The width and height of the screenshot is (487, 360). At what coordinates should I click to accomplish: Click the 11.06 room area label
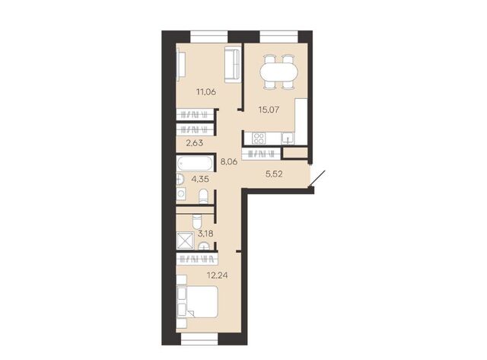[x=205, y=92]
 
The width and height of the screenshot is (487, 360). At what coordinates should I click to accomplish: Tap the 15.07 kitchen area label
[x=269, y=110]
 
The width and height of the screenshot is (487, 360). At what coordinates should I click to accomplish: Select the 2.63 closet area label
[x=195, y=143]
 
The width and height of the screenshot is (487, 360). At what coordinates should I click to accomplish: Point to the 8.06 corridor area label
[x=229, y=161]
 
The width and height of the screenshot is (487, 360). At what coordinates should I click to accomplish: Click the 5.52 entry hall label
[x=274, y=174]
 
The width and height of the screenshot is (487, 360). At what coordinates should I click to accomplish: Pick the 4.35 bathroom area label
[x=200, y=179]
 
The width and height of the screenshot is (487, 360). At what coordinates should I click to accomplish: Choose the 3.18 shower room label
[x=205, y=234]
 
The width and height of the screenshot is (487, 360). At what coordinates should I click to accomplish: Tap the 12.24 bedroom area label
[x=217, y=276]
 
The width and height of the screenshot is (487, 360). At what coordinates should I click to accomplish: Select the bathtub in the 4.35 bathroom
[x=195, y=163]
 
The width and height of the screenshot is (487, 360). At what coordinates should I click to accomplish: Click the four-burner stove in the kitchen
[x=259, y=139]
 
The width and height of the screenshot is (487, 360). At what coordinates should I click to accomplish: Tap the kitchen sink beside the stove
[x=288, y=139]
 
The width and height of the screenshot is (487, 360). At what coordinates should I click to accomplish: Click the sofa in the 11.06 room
[x=232, y=65]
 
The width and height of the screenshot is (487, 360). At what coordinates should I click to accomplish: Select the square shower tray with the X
[x=185, y=241]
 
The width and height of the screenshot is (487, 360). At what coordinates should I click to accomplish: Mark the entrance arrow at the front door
[x=317, y=179]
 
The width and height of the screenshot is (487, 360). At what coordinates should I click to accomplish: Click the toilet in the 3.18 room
[x=196, y=221]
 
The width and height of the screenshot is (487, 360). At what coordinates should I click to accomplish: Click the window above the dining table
[x=279, y=37]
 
